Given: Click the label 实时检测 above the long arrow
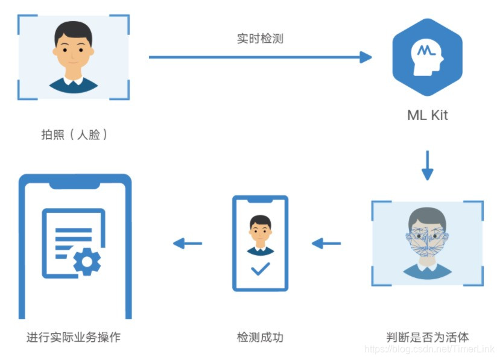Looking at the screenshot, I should coord(259,39).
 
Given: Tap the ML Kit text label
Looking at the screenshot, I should coord(427,115).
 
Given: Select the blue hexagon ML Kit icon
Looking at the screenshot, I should coord(427,57).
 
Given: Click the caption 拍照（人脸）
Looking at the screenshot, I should coord(74,134).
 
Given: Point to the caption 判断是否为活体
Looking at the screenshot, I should coord(427,336).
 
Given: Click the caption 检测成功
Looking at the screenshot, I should coord(260,336).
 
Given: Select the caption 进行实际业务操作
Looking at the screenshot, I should coord(74,336).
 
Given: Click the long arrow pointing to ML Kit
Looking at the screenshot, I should coord(259,57).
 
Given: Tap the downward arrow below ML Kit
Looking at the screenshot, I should coord(427,165).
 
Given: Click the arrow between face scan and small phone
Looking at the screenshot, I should coord(326,244).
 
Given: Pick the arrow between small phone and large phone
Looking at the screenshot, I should coord(187,244).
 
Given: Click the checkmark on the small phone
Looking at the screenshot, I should coord(261,268).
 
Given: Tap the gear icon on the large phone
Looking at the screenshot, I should coord(87,261).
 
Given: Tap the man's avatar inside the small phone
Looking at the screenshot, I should coord(261,232).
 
